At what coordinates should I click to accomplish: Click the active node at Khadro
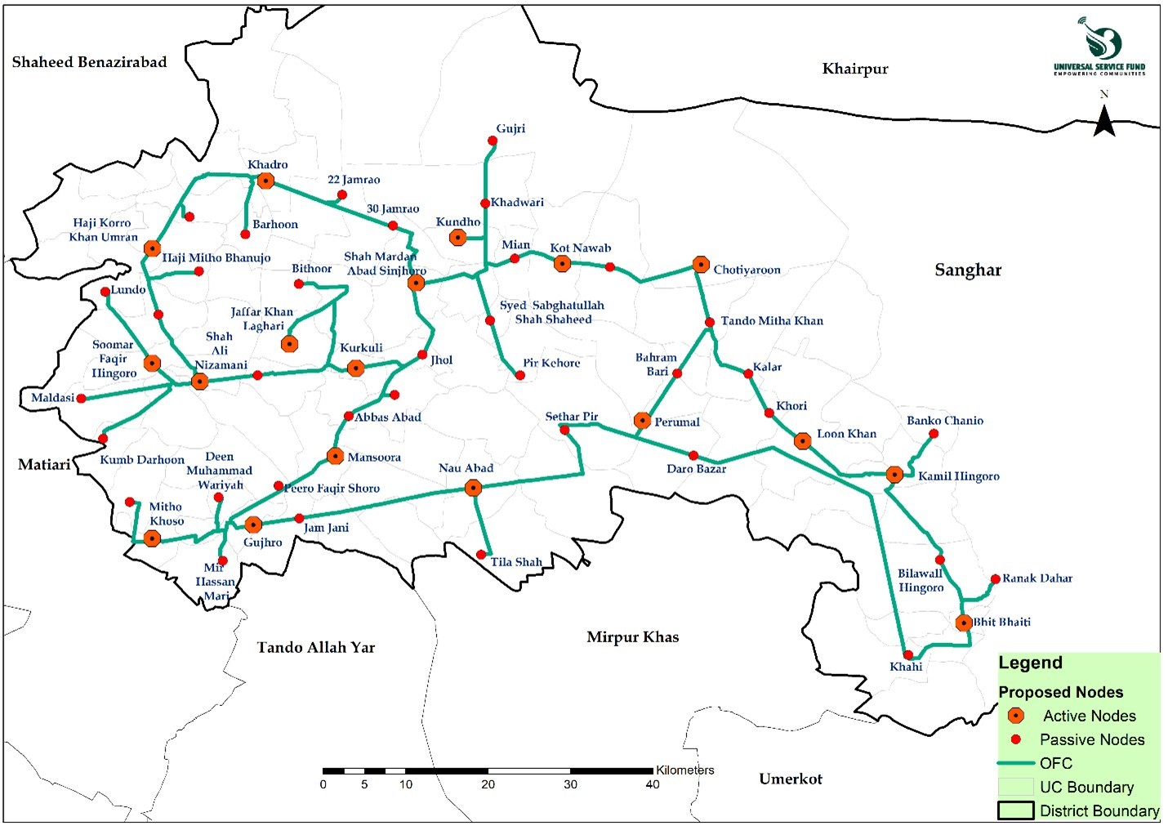pos(265,181)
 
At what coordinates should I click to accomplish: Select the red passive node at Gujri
pos(493,141)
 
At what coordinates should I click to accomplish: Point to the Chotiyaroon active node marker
pos(701,265)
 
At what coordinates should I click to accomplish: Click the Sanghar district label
pos(968,270)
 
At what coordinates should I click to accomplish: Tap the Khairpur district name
pos(854,69)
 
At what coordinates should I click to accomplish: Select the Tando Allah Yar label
pos(316,648)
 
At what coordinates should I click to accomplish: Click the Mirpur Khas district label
pos(632,637)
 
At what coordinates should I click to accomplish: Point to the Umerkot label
pos(790,779)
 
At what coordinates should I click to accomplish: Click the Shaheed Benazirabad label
pos(89,62)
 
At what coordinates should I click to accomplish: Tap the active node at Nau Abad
pos(473,489)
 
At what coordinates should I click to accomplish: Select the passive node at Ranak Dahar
pos(995,579)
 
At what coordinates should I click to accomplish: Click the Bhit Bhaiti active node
pos(964,623)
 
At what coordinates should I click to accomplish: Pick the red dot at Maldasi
pos(81,399)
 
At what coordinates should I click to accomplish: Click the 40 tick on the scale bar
pos(652,784)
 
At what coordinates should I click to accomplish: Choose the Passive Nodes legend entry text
pos(1091,739)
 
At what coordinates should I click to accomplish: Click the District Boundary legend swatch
pos(1015,810)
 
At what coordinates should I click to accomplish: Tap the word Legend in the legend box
pos(1030,663)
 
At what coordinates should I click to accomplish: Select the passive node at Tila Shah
pos(481,555)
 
